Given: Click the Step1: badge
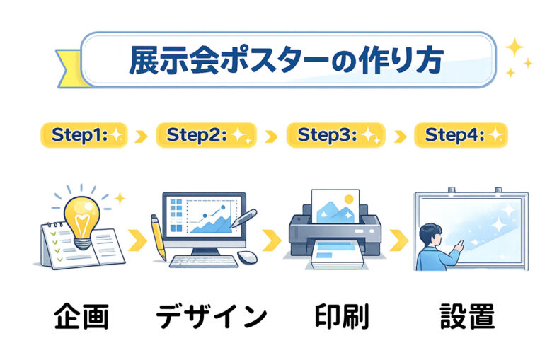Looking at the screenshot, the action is coord(84,135).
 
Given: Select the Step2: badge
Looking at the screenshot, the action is coord(207,135).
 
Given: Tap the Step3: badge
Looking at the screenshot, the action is coord(336,135).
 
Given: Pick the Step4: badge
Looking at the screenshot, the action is coord(461,135).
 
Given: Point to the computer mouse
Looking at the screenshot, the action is coord(247,257).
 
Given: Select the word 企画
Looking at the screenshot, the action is coord(81,316).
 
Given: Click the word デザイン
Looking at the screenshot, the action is coord(211,316).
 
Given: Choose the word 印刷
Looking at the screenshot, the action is coord(342,316).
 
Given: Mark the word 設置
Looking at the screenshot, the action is coord(468,316).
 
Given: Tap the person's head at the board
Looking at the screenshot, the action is coord(430,234).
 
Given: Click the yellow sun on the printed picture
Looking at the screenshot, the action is coord(349,199).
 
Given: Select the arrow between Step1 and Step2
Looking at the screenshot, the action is coord(141,137).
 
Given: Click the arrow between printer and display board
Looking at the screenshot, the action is coord(399,240).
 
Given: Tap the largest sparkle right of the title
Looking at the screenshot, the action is coord(514,47).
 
